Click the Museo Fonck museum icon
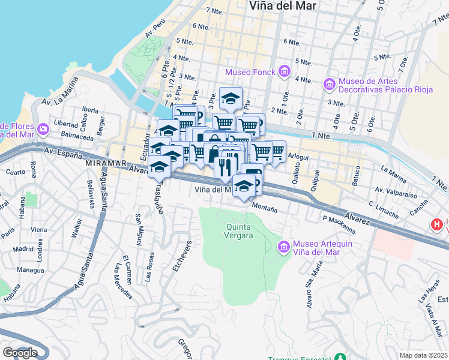(284, 73)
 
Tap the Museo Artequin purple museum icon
(284, 247)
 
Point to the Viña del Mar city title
(282, 6)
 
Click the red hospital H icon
(437, 224)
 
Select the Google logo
(20, 353)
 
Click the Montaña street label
(264, 208)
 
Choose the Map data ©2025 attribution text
(424, 355)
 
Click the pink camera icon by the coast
(43, 129)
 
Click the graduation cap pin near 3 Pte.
(230, 97)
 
